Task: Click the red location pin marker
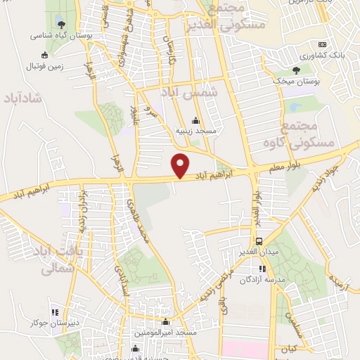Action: (181, 165)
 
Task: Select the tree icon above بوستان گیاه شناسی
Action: (58, 21)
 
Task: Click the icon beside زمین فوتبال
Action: (46, 54)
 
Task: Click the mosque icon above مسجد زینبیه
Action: (195, 121)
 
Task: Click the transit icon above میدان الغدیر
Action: (259, 240)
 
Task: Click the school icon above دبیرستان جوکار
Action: (55, 312)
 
